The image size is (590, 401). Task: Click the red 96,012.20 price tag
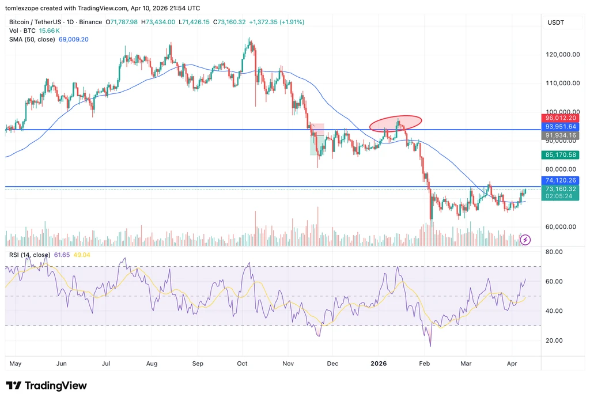(x=560, y=118)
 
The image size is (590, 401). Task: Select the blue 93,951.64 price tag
(x=560, y=127)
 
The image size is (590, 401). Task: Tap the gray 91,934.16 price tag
(x=560, y=135)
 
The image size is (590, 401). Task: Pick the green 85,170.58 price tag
(x=560, y=154)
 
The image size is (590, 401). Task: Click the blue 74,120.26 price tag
(x=560, y=180)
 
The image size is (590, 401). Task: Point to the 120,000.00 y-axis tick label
(x=562, y=55)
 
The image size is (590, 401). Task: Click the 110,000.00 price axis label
(x=562, y=83)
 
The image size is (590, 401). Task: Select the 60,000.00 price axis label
(x=561, y=227)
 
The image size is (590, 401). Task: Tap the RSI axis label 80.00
(x=554, y=252)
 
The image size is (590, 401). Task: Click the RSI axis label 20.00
(x=554, y=341)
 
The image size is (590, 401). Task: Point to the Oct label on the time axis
(x=243, y=364)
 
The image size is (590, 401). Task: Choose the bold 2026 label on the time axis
(x=379, y=364)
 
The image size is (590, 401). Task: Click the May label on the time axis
(x=16, y=364)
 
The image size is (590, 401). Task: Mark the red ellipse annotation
(x=395, y=116)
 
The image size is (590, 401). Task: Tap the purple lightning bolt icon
(x=525, y=240)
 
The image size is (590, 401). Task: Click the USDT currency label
(x=556, y=22)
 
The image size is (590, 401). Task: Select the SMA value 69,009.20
(x=73, y=40)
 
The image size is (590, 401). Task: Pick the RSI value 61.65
(x=62, y=255)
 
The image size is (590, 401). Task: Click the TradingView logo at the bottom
(x=46, y=385)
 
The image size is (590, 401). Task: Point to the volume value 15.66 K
(x=50, y=31)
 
